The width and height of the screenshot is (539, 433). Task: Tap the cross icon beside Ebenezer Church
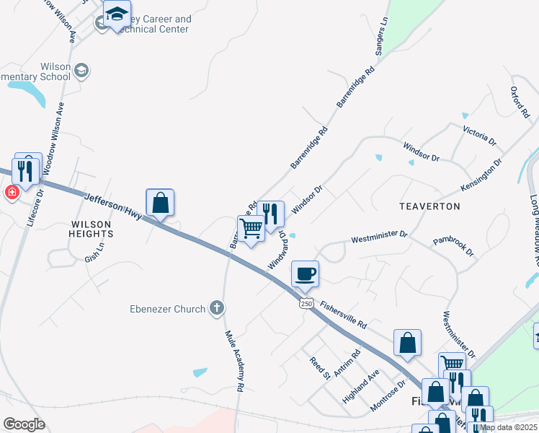click(x=216, y=309)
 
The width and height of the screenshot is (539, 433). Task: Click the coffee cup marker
click(x=305, y=274)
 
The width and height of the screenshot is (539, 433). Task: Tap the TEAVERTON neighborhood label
click(x=429, y=206)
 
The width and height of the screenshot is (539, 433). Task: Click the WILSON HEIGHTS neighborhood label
click(x=91, y=229)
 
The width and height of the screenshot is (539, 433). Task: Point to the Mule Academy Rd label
click(x=234, y=361)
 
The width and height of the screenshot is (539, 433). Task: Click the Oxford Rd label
click(x=520, y=102)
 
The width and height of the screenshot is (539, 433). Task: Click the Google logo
click(x=23, y=424)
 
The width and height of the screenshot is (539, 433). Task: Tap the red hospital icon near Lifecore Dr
click(x=12, y=193)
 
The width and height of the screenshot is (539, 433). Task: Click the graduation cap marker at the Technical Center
click(x=117, y=13)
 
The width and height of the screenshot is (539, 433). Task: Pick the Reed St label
click(x=319, y=368)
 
